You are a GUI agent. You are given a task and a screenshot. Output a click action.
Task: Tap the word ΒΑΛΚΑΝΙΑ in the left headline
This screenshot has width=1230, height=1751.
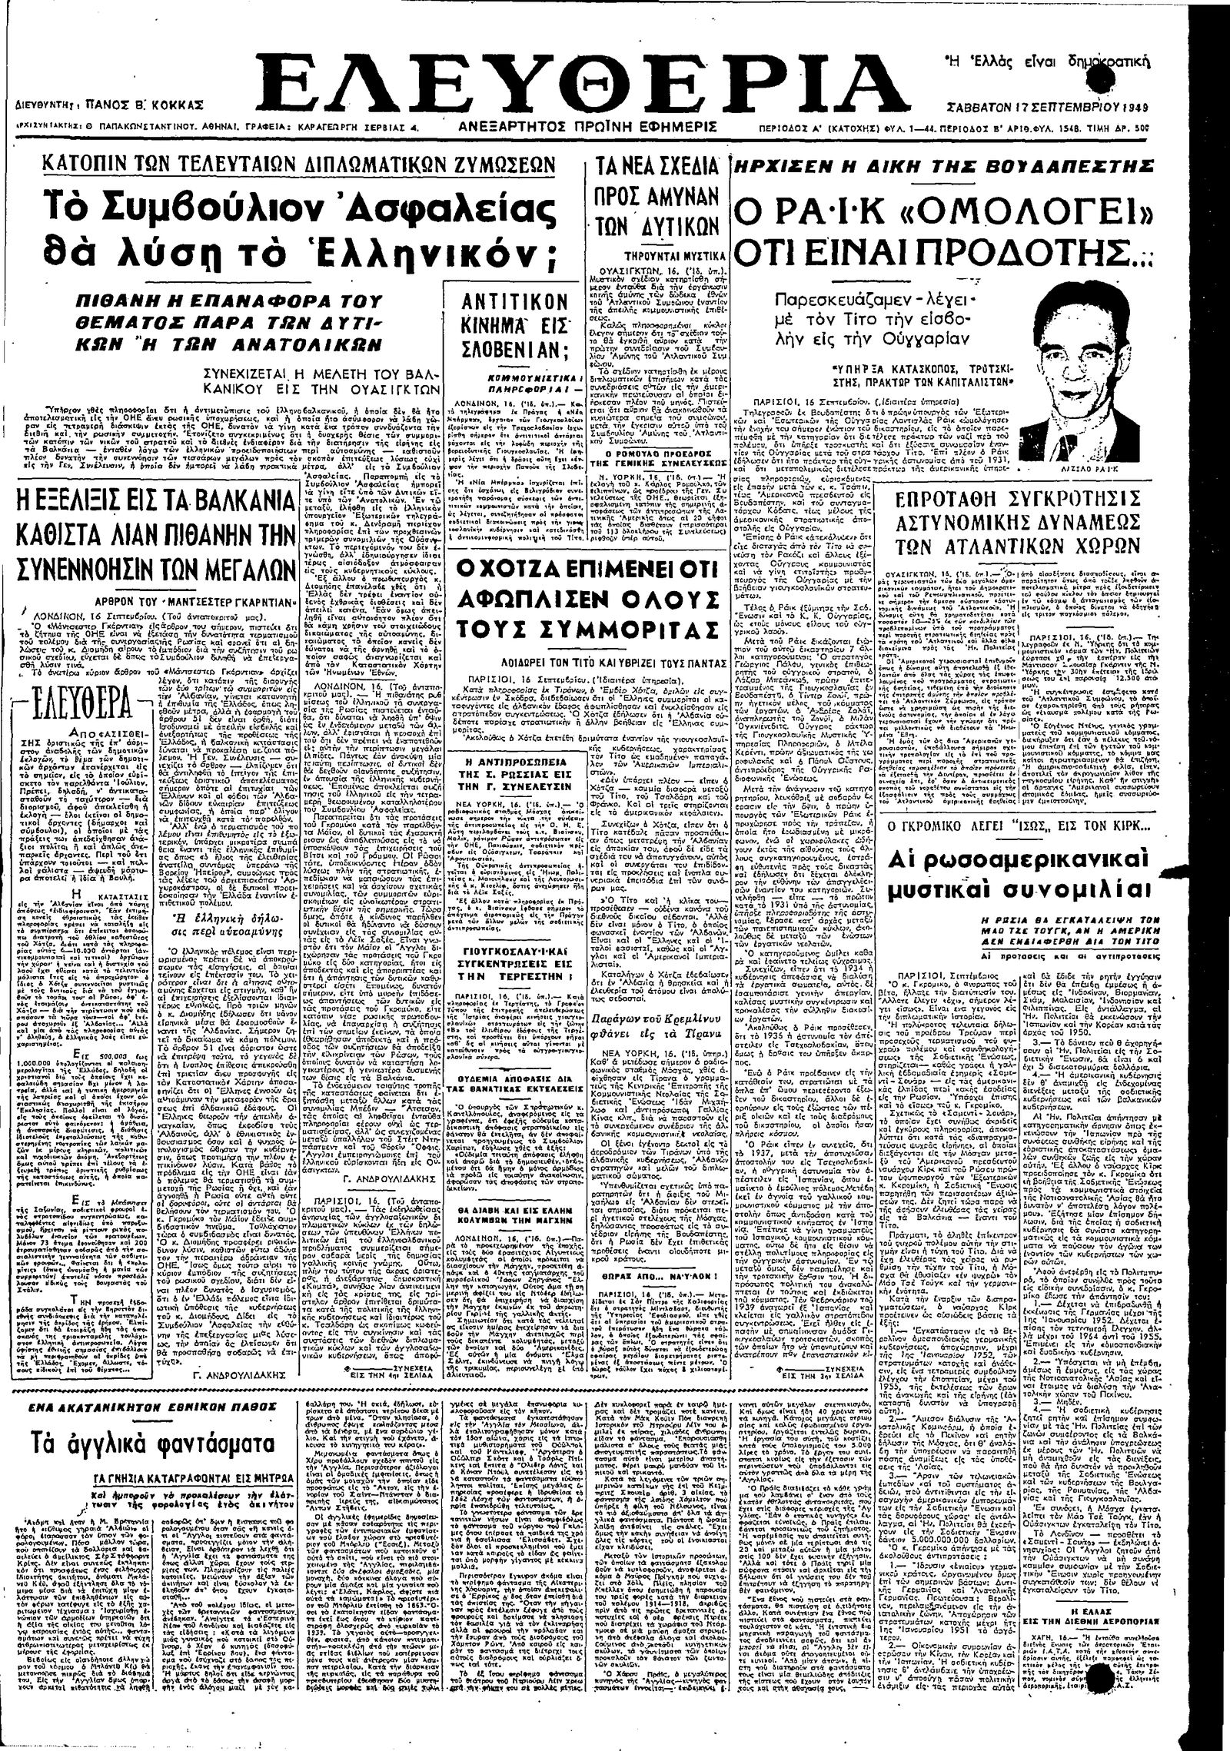click(x=243, y=502)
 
